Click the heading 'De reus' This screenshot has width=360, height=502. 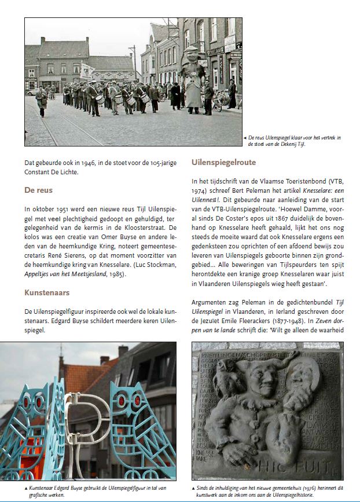coord(38,189)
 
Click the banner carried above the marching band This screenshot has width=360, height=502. coord(87,71)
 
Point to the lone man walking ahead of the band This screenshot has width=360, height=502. coord(41,100)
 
